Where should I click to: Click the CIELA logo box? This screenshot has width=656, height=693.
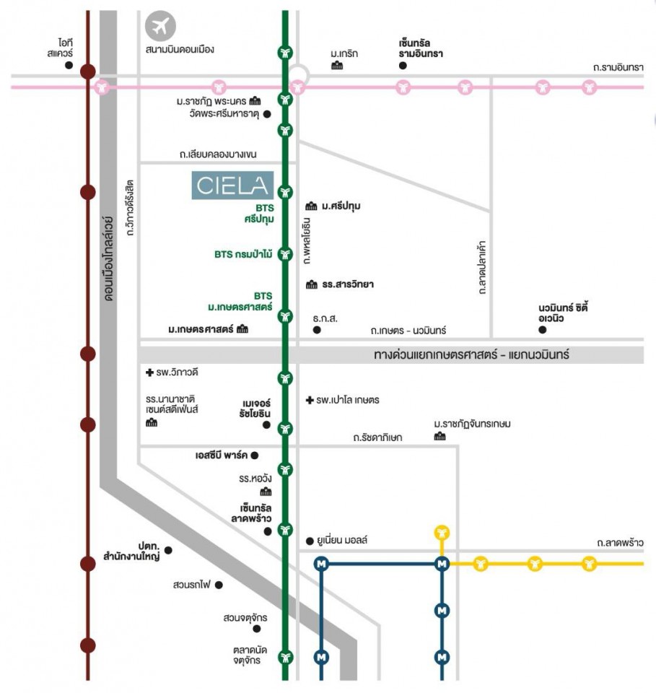tap(232, 186)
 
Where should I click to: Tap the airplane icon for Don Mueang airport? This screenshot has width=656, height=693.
tap(160, 26)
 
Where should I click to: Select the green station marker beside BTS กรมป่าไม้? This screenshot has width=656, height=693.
tap(285, 254)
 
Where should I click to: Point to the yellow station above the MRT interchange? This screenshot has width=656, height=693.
tap(442, 533)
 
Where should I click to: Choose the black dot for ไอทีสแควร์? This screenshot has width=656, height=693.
tap(69, 66)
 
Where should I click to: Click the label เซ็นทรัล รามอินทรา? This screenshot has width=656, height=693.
tap(421, 48)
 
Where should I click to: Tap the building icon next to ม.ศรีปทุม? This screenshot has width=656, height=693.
tap(312, 206)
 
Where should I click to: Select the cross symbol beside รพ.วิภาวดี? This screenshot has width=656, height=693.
tap(150, 372)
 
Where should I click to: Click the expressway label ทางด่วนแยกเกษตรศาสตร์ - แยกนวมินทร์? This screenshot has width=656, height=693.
tap(471, 354)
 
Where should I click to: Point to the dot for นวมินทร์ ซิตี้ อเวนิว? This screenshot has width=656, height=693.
tap(543, 330)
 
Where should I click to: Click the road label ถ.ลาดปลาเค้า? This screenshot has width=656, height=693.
tap(482, 267)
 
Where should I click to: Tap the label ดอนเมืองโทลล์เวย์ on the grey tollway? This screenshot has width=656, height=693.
tap(109, 258)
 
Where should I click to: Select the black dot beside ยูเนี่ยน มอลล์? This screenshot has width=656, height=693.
tap(310, 541)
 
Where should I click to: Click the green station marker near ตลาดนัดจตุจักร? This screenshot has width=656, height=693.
tap(285, 657)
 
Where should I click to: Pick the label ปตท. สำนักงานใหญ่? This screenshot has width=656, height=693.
tap(131, 551)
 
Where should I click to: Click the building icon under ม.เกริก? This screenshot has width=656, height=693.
tap(337, 66)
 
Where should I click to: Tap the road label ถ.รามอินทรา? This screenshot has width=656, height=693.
tap(618, 68)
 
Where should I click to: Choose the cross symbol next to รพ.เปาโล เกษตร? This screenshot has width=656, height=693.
tap(310, 400)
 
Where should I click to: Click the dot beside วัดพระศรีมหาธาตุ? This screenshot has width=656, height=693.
tap(267, 114)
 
